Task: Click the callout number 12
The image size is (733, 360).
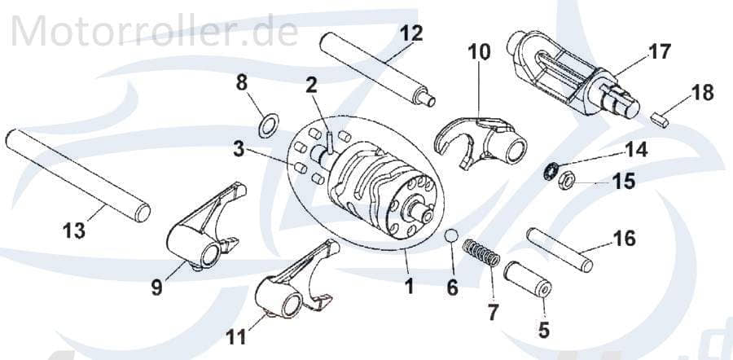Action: coord(411,33)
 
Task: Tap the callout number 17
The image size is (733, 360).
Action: coord(659,52)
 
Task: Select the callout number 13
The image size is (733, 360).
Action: coord(73,230)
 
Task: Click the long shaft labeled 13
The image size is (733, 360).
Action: coord(77,176)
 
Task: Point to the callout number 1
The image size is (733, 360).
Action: coord(409,286)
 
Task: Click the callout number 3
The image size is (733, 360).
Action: coord(238,150)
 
